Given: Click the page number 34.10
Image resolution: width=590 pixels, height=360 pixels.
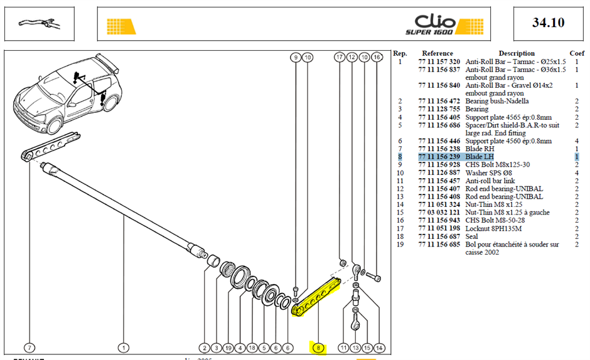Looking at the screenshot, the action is click(x=548, y=23).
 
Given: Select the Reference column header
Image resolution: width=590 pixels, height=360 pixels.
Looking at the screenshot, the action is click(x=437, y=53).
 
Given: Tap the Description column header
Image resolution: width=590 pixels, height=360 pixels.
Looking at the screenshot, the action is click(x=517, y=53).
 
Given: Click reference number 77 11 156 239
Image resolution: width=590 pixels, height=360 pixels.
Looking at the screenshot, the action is click(x=439, y=157).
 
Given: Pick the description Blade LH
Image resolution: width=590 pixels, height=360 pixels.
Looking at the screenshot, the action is click(x=480, y=157).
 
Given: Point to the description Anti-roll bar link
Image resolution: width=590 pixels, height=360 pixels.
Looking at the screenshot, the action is click(x=490, y=181).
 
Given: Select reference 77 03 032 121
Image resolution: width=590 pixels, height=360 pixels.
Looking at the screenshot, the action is click(x=439, y=213).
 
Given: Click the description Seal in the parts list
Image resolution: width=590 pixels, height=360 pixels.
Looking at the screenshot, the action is click(x=471, y=236).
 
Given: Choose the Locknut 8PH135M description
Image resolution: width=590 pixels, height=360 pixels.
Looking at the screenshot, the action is click(x=493, y=229).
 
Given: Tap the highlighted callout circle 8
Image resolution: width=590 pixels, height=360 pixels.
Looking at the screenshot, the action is click(x=318, y=348).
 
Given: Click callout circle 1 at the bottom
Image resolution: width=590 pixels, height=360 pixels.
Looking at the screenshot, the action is click(x=124, y=348).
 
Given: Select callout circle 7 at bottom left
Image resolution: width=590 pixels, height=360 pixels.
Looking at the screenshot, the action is click(x=29, y=348).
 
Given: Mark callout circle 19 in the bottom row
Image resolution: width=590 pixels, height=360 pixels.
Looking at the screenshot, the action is click(x=228, y=348).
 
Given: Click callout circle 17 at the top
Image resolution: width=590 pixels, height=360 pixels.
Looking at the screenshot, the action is click(x=340, y=57).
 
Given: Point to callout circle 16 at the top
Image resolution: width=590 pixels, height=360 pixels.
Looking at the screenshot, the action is click(x=377, y=57).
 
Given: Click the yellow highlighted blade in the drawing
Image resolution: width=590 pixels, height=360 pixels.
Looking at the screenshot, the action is click(x=316, y=297).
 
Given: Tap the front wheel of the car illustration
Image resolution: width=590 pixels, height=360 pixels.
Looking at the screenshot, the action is click(x=54, y=124).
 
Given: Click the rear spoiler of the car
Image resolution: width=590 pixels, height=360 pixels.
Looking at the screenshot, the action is click(x=107, y=62).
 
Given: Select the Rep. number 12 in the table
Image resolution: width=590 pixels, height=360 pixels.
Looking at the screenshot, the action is click(x=400, y=189).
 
